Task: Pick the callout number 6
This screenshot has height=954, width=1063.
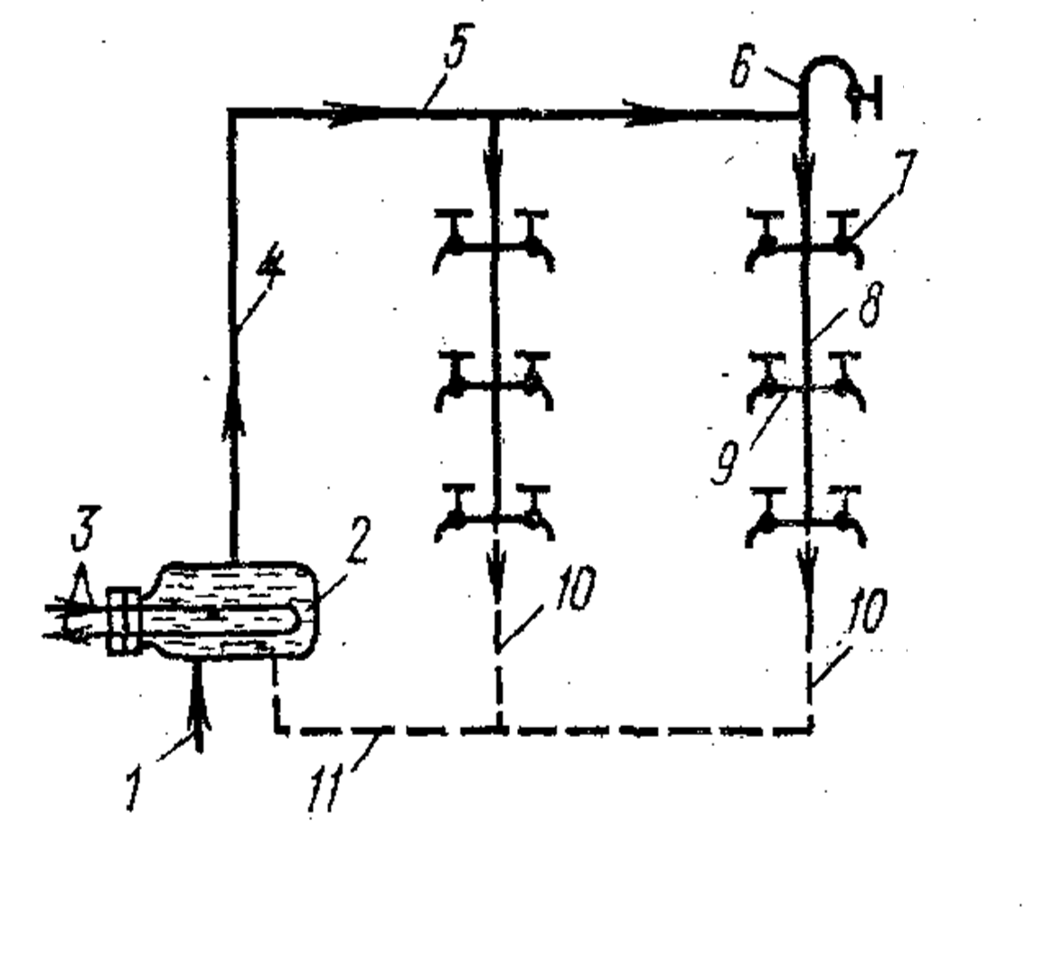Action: click(740, 68)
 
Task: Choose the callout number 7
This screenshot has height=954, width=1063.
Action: click(902, 173)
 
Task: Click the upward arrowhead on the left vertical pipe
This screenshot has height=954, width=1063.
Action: click(233, 416)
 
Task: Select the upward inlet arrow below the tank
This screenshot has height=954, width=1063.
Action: click(198, 705)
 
